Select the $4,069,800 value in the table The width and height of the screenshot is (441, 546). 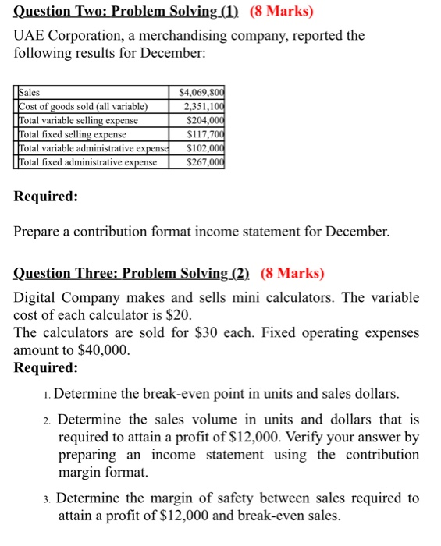point(201,92)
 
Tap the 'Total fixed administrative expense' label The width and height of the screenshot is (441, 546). point(87,162)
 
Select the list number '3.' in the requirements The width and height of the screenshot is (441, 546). point(48,498)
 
